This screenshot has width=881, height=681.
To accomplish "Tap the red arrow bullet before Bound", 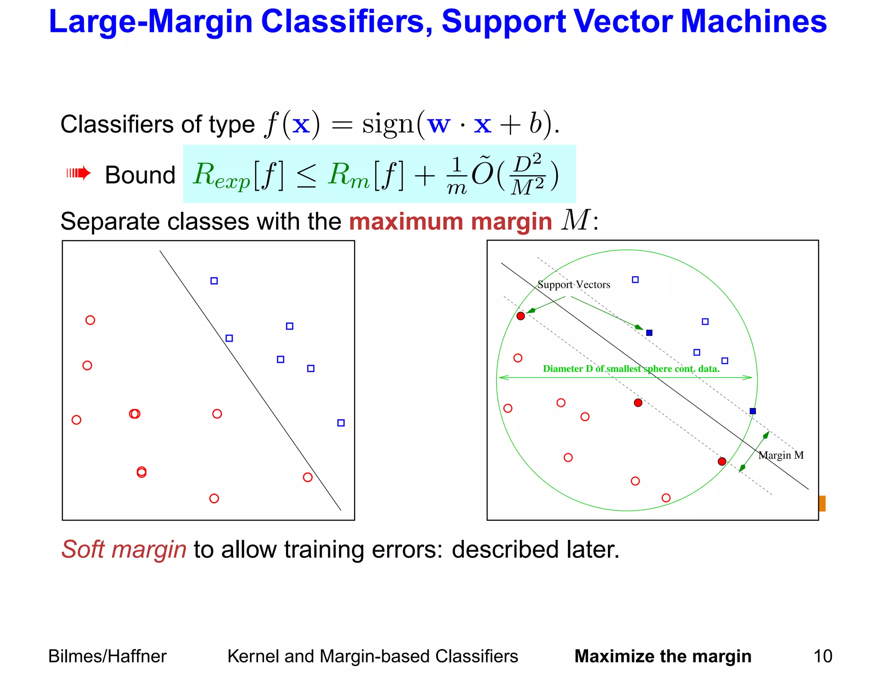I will pos(79,173).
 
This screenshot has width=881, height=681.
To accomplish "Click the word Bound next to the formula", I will pos(140,175).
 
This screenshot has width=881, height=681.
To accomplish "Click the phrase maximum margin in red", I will pos(450,222).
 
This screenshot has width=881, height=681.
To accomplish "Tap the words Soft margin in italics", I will pos(124,550).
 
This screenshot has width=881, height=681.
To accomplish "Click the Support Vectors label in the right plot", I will pos(573,285).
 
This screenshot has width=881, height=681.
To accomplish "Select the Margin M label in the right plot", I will pos(780,455).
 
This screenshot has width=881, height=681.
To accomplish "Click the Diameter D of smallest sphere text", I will pos(631,368).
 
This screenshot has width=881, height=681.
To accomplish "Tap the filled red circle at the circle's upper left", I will pos(521,316).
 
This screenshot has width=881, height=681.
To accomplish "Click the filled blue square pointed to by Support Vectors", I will pos(649,333).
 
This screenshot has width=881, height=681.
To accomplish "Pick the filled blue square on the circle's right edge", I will pos(752,411).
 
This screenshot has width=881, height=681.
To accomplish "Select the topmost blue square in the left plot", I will pos(214,281).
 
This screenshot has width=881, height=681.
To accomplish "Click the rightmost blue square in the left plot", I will pos(341,423).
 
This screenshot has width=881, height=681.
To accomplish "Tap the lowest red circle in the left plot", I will pos(214,498).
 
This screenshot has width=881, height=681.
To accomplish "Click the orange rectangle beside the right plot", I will pos(822,503).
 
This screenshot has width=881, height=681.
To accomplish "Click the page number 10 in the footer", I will pos(822,656).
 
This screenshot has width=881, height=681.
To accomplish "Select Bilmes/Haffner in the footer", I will pos(107,656).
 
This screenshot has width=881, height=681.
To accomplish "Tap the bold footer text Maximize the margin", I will pos(662,656).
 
